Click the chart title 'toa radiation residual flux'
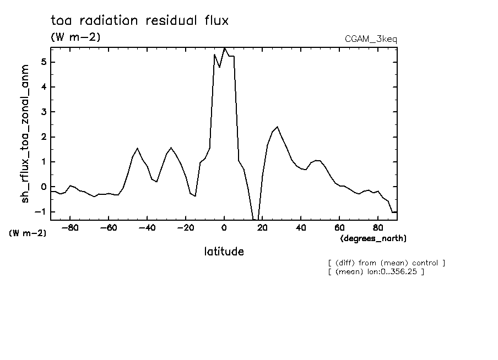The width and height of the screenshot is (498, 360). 139,21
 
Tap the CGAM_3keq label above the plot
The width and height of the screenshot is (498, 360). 371,40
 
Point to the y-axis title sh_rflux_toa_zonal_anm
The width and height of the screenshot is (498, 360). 25,133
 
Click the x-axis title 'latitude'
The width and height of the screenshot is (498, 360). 224,252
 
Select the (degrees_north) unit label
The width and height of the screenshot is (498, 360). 373,238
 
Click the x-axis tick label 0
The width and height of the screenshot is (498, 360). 224,228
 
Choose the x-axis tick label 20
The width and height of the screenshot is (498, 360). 262,228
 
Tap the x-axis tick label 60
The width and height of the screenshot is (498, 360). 339,228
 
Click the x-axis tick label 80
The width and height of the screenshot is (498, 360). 378,228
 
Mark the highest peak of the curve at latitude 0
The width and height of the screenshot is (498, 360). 224,48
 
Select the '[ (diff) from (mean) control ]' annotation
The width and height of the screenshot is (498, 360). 386,263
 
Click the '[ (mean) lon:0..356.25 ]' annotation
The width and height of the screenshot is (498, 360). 376,271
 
